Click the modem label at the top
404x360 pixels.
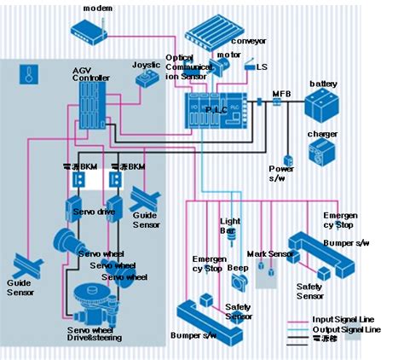click(x=99, y=8)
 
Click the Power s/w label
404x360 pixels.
click(x=282, y=173)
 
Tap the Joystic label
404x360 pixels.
click(x=146, y=65)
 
